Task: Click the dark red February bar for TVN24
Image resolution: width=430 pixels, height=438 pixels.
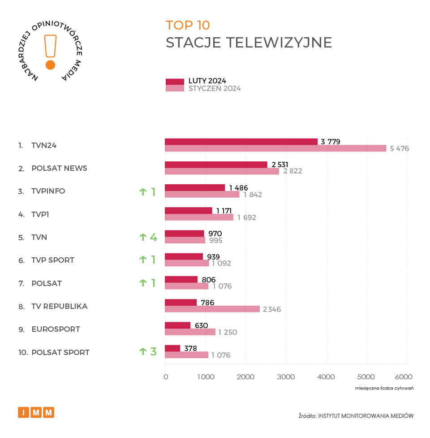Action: pyautogui.click(x=241, y=142)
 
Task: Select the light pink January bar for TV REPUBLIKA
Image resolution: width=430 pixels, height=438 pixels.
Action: pyautogui.click(x=212, y=309)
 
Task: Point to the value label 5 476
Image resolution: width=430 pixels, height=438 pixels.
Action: pyautogui.click(x=399, y=148)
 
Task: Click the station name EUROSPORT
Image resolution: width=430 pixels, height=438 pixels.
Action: pyautogui.click(x=56, y=329)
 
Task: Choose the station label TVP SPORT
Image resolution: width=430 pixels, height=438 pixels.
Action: pyautogui.click(x=53, y=260)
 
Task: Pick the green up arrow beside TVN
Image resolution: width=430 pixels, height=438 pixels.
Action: pyautogui.click(x=143, y=237)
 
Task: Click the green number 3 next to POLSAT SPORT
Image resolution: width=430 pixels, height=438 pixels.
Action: pyautogui.click(x=153, y=351)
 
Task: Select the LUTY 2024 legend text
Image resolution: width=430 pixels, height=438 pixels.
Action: pyautogui.click(x=207, y=81)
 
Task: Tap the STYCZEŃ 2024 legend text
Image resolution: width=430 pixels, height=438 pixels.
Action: pyautogui.click(x=215, y=88)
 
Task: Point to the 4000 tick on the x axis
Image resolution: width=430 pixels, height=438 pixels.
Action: pyautogui.click(x=327, y=377)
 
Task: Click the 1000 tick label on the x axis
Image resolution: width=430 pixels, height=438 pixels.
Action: pyautogui.click(x=205, y=377)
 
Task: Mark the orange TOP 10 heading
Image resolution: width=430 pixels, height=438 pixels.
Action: pyautogui.click(x=187, y=25)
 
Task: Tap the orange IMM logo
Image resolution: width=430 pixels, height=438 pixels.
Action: pyautogui.click(x=36, y=412)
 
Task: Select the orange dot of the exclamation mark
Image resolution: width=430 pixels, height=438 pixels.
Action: pyautogui.click(x=50, y=65)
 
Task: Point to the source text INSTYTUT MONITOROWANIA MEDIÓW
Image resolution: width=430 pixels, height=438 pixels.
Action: pyautogui.click(x=365, y=416)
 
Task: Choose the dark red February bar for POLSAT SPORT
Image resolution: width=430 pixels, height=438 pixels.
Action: pyautogui.click(x=172, y=348)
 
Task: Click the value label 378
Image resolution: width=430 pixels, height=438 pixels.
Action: pyautogui.click(x=191, y=348)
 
